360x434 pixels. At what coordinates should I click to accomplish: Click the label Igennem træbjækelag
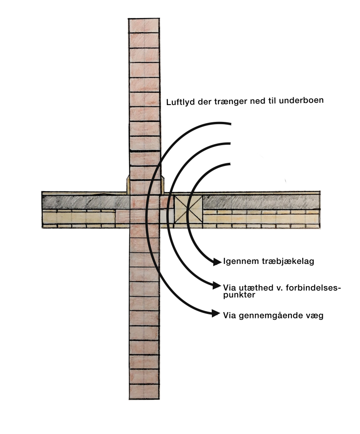[269, 261]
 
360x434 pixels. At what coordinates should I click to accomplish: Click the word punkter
[239, 295]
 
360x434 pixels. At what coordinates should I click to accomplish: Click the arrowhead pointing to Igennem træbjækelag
[217, 261]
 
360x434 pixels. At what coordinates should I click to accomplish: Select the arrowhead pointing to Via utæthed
[217, 285]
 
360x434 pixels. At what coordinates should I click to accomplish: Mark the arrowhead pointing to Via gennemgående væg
[216, 313]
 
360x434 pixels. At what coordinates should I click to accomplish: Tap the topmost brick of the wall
[144, 25]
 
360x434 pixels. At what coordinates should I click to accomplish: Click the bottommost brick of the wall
[145, 391]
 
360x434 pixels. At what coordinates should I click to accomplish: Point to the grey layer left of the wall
[86, 202]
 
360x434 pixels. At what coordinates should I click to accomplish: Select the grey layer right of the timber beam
[261, 202]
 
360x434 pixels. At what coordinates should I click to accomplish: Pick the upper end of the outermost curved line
[230, 123]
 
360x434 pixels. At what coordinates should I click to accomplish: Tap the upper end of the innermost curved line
[230, 164]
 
